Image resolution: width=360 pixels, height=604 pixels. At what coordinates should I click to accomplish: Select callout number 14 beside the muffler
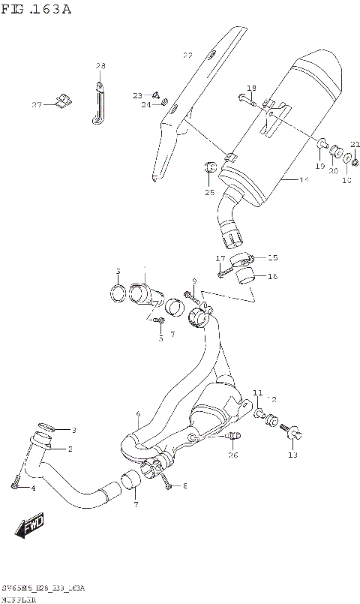(x=304, y=180)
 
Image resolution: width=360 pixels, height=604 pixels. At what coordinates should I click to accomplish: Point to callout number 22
(x=187, y=55)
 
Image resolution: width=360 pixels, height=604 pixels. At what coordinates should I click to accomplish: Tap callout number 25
(x=210, y=193)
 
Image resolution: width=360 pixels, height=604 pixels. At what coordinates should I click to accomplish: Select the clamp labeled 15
(x=239, y=260)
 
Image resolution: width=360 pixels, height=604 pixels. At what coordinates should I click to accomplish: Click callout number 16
(x=272, y=276)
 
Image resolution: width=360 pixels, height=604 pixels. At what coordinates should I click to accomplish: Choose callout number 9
(x=194, y=281)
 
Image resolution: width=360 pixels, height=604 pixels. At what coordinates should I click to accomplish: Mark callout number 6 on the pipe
(x=138, y=413)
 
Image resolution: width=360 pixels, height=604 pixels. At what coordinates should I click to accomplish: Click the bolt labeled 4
(x=14, y=486)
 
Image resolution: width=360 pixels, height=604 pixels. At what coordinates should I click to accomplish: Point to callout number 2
(x=70, y=449)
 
